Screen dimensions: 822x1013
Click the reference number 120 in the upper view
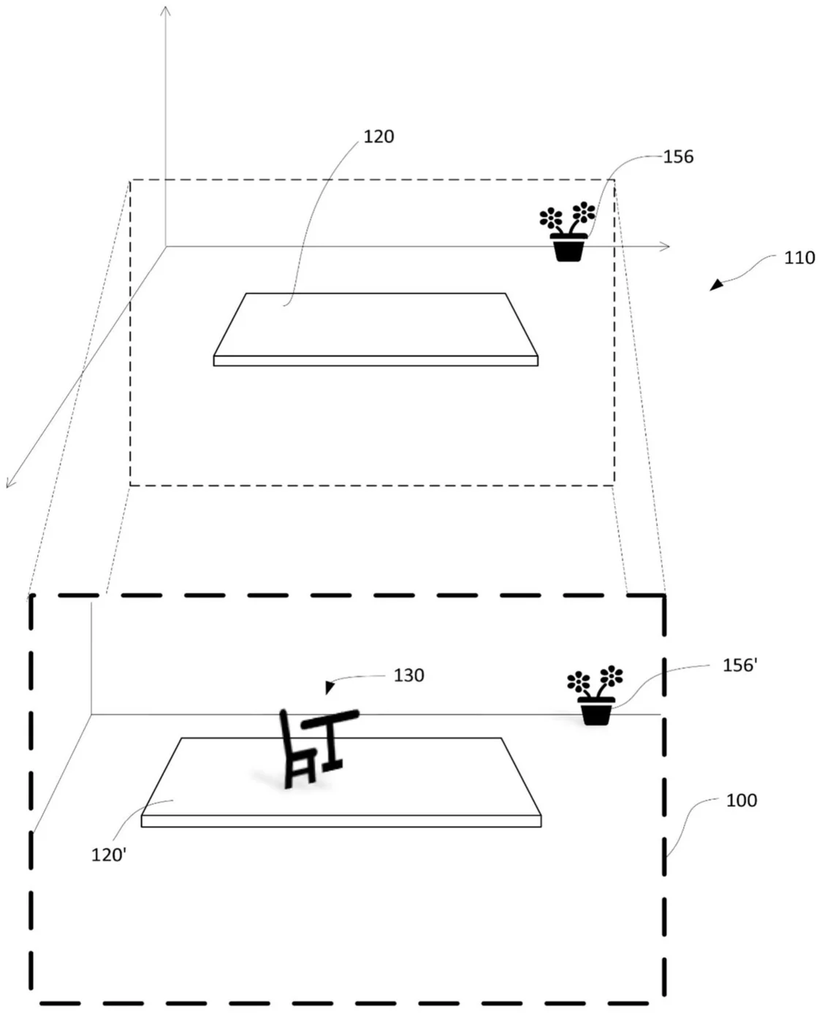pyautogui.click(x=378, y=137)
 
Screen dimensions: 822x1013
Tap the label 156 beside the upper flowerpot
pyautogui.click(x=678, y=157)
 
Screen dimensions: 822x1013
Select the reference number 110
pyautogui.click(x=799, y=259)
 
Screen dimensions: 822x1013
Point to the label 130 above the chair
pyautogui.click(x=408, y=676)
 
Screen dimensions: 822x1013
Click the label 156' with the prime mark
pyautogui.click(x=739, y=665)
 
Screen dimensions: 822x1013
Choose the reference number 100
pyautogui.click(x=742, y=800)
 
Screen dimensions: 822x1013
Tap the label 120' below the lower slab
pyautogui.click(x=108, y=855)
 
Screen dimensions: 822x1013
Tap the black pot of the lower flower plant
pyautogui.click(x=596, y=711)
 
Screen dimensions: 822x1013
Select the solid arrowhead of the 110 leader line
pyautogui.click(x=716, y=285)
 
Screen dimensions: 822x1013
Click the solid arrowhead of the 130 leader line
pyautogui.click(x=330, y=687)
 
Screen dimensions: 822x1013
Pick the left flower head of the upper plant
pyautogui.click(x=551, y=218)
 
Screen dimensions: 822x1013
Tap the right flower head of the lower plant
pyautogui.click(x=612, y=676)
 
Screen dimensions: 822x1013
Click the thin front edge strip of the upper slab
pyautogui.click(x=376, y=361)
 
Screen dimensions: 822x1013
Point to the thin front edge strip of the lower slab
pyautogui.click(x=341, y=822)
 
